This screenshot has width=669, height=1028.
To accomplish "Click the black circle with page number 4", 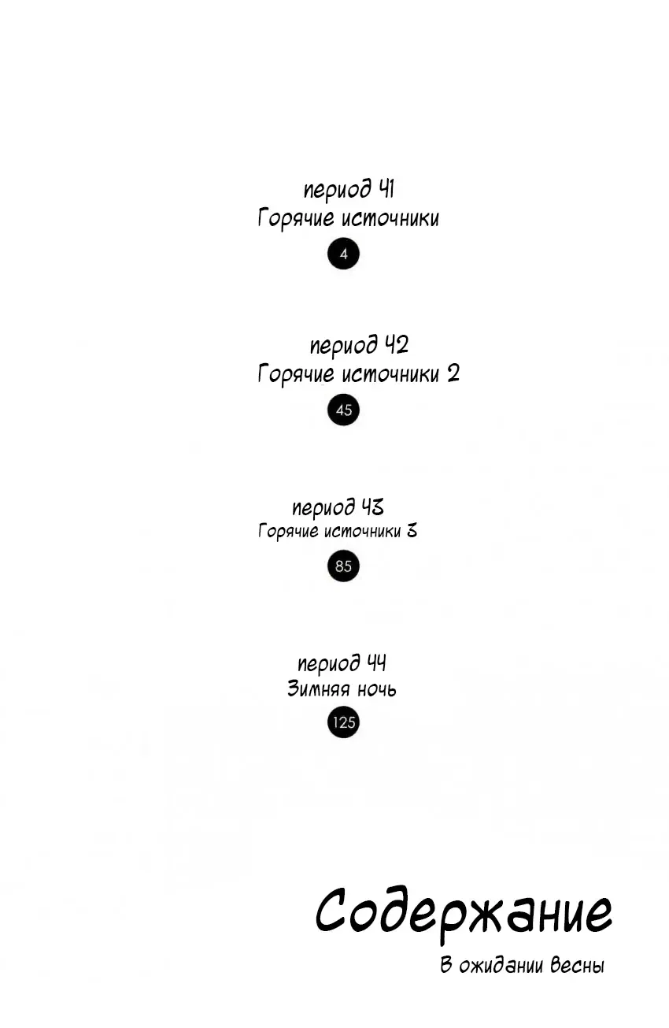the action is tap(343, 254).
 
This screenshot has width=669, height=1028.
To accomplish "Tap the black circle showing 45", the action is tap(343, 410).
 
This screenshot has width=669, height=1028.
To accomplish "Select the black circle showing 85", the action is tap(343, 566).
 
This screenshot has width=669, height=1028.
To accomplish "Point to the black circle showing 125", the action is tap(343, 722).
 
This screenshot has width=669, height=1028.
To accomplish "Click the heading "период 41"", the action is tap(349, 190).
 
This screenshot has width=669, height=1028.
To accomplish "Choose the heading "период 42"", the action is tap(359, 346).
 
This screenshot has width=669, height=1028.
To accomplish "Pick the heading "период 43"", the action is tap(338, 507).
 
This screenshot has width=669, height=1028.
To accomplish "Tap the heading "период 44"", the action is tap(342, 663).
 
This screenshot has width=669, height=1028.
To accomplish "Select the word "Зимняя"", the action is tap(319, 689).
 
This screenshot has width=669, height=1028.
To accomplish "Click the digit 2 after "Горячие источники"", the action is tap(453, 374).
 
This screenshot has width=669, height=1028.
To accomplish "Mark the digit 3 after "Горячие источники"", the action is tap(412, 531).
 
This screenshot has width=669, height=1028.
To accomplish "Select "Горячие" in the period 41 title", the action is tap(296, 218).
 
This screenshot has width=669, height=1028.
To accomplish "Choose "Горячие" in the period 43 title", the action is tap(288, 532).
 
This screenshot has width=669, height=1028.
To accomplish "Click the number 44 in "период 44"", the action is tap(376, 662).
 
